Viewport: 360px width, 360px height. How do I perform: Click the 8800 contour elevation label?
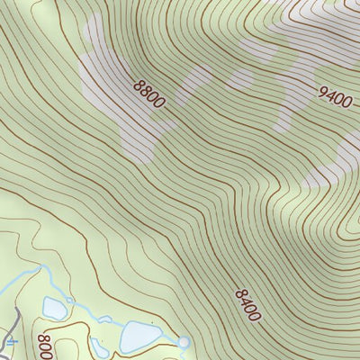coord(148,94)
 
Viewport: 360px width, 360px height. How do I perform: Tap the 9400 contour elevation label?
coord(335,96)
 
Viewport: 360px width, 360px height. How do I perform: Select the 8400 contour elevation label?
coord(247,305)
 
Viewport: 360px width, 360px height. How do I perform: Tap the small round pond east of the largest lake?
coord(184,342)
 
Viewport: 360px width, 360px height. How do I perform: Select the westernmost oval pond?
coord(53,309)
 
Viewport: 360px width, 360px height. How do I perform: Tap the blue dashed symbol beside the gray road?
coord(11,342)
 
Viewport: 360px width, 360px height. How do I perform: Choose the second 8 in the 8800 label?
coord(145,91)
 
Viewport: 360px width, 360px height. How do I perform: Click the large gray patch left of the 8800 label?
coord(103,76)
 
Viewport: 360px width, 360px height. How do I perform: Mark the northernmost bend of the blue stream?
coord(40,268)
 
